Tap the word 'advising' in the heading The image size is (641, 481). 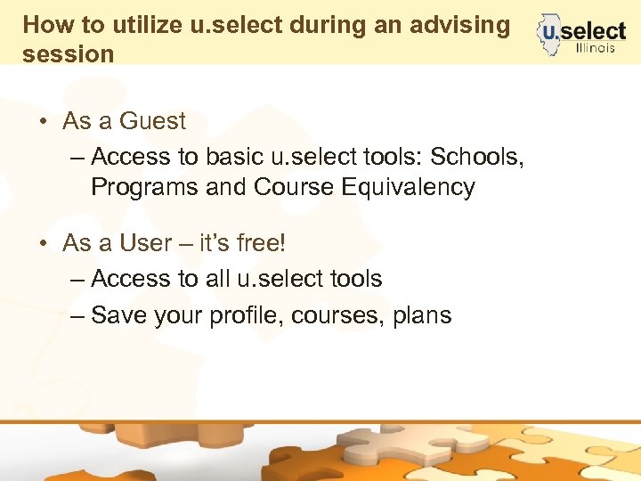(x=459, y=24)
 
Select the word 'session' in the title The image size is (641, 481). (x=69, y=53)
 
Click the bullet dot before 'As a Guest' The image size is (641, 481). (x=42, y=121)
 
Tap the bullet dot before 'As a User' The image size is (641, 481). (x=42, y=243)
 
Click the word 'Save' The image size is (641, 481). (x=119, y=314)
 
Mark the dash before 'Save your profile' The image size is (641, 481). (x=77, y=314)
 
